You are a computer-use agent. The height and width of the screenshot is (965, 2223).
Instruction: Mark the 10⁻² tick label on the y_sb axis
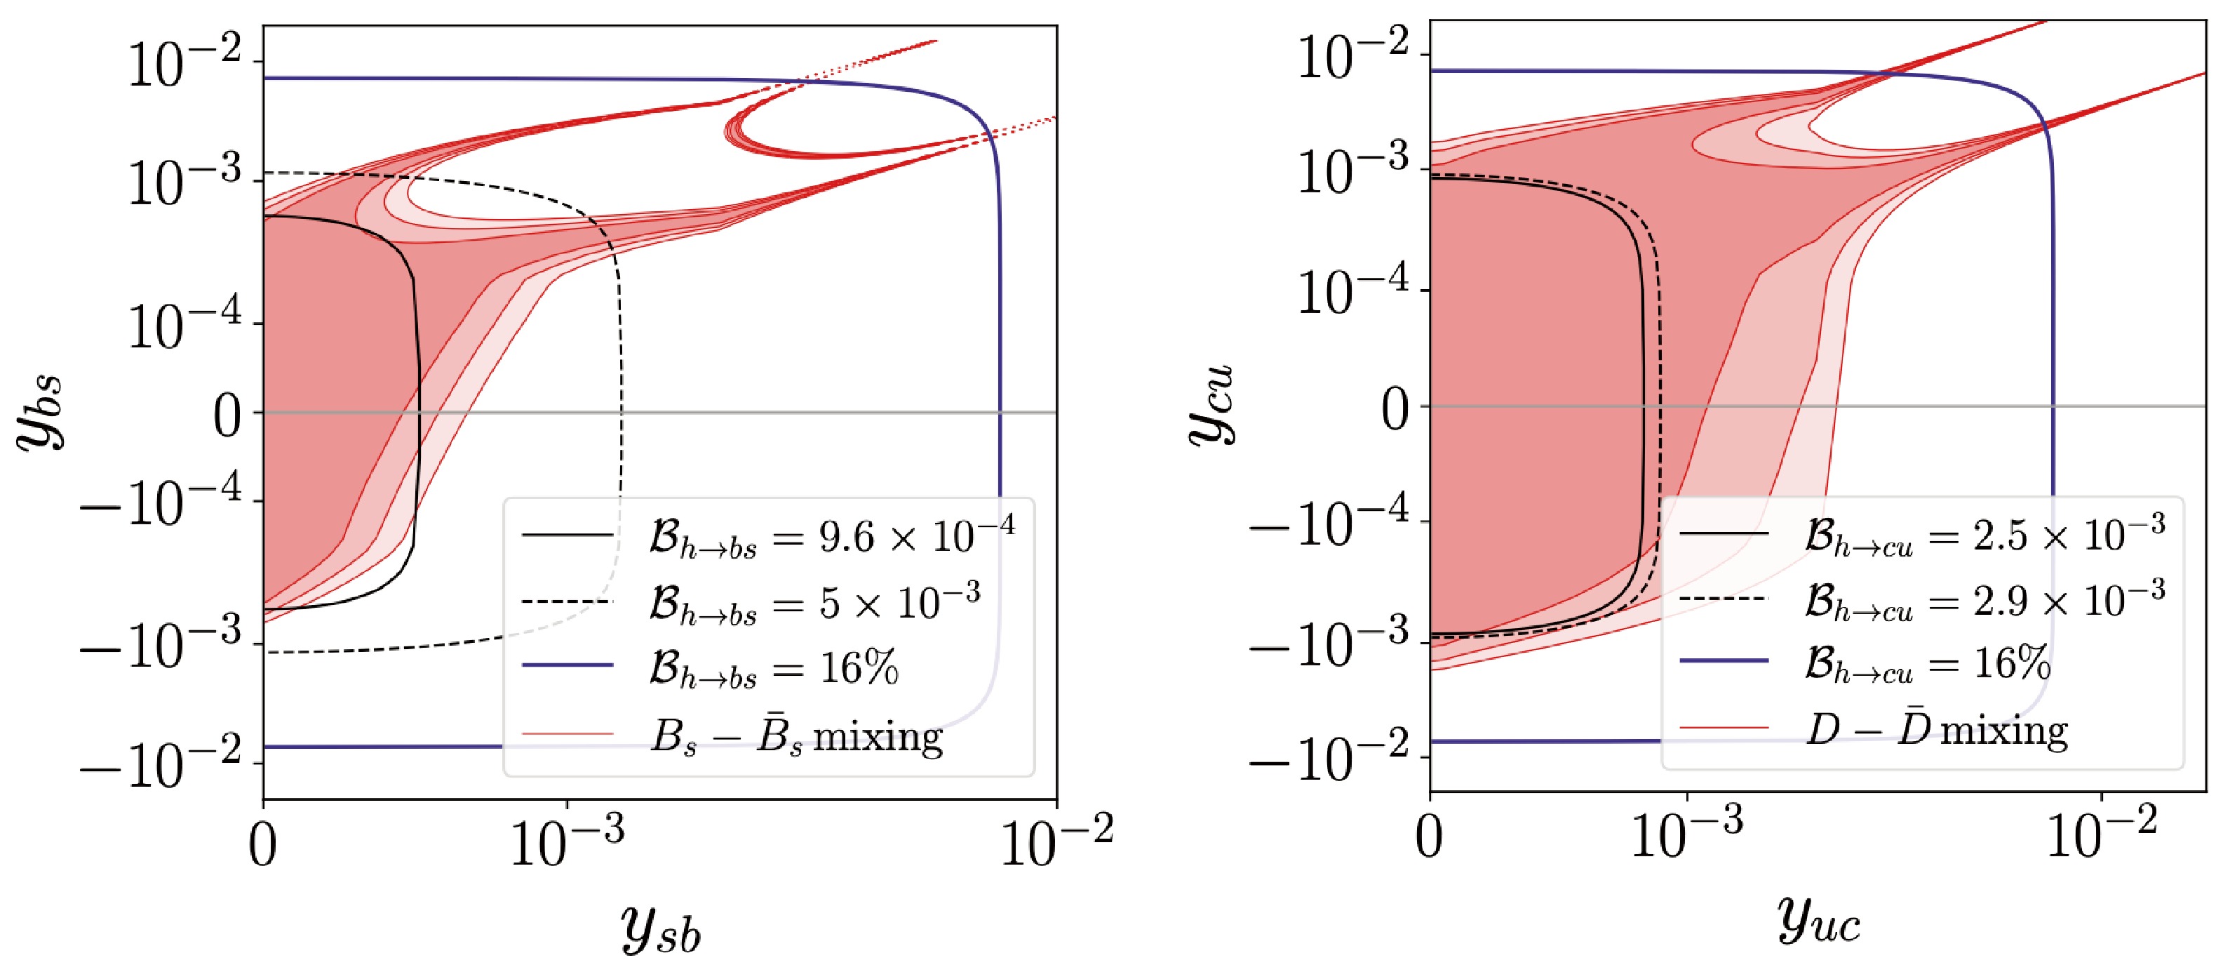tap(1056, 841)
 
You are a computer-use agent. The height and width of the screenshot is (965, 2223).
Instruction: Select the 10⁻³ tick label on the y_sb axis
tap(566, 841)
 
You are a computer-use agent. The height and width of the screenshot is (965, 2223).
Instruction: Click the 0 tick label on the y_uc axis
tap(1429, 837)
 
